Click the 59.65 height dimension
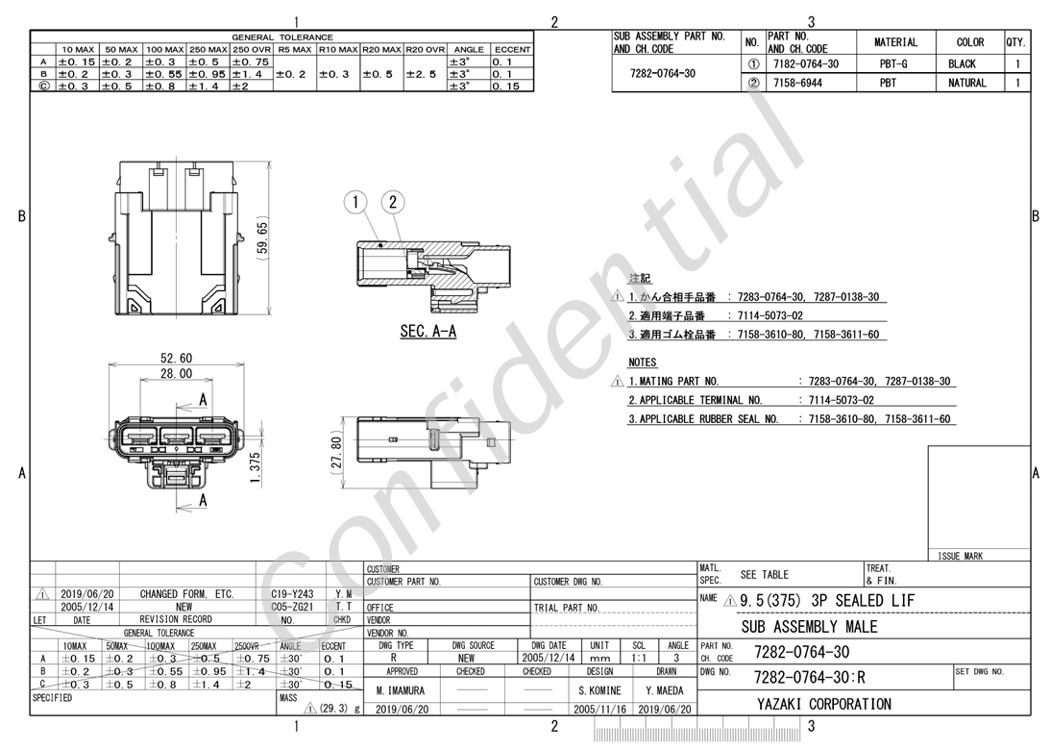[262, 237]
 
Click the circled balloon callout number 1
[355, 202]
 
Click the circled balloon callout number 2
[393, 202]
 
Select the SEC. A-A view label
[427, 332]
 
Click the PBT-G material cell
[895, 64]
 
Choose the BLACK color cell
[962, 64]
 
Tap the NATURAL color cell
[966, 83]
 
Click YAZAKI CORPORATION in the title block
[817, 704]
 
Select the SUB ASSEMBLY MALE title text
[810, 627]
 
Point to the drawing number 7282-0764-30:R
[809, 676]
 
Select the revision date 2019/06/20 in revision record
[87, 594]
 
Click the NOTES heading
[642, 362]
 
